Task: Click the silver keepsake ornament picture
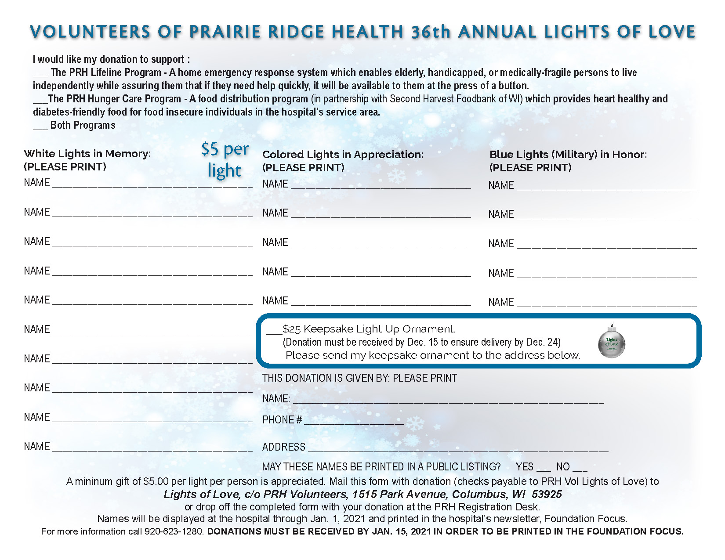click(x=612, y=342)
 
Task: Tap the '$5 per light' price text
click(x=225, y=160)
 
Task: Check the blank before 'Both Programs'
click(x=40, y=126)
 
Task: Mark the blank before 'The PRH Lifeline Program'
click(x=40, y=74)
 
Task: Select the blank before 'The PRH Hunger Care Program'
click(x=40, y=100)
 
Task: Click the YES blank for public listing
click(x=544, y=468)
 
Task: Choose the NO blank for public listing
click(x=580, y=468)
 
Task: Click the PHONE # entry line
click(x=354, y=422)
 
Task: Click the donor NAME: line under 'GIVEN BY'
click(x=448, y=401)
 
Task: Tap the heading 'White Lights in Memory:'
click(x=87, y=154)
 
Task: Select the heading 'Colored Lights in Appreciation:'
click(x=343, y=155)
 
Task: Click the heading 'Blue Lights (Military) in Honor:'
click(x=568, y=155)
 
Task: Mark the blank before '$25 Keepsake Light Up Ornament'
click(x=274, y=330)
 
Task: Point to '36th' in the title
click(x=431, y=32)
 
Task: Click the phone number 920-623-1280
click(x=174, y=531)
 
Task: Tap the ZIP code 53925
click(x=547, y=495)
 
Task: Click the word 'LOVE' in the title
click(x=672, y=32)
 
